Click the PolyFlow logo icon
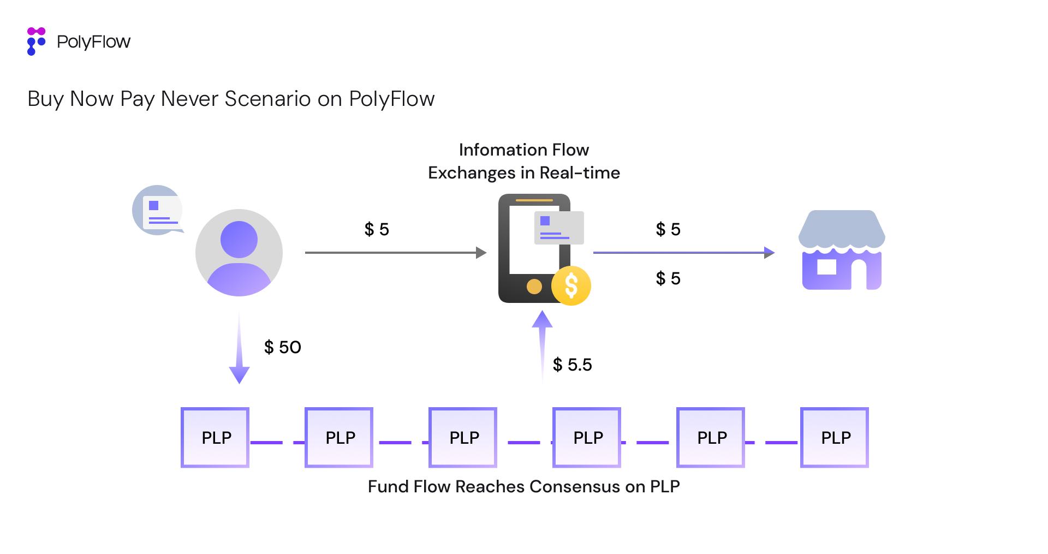click(35, 41)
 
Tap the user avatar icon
click(239, 253)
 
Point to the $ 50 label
click(282, 347)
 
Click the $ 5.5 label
click(572, 365)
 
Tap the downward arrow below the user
click(239, 349)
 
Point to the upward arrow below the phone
click(542, 344)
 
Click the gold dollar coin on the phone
click(571, 285)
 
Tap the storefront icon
click(841, 251)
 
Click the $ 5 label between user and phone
click(377, 229)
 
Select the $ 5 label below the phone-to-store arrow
click(668, 278)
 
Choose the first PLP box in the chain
click(215, 437)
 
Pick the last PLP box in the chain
click(835, 437)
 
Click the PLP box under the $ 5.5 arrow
click(587, 437)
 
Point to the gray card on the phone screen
click(559, 228)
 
